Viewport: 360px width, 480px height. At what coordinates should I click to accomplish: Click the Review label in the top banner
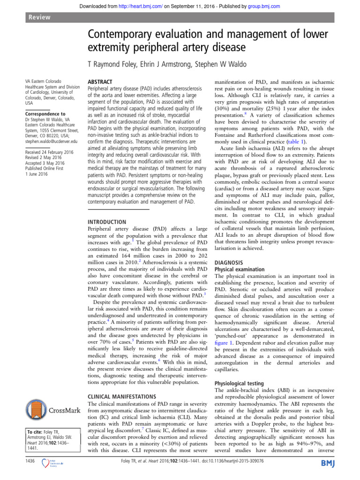click(40, 17)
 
